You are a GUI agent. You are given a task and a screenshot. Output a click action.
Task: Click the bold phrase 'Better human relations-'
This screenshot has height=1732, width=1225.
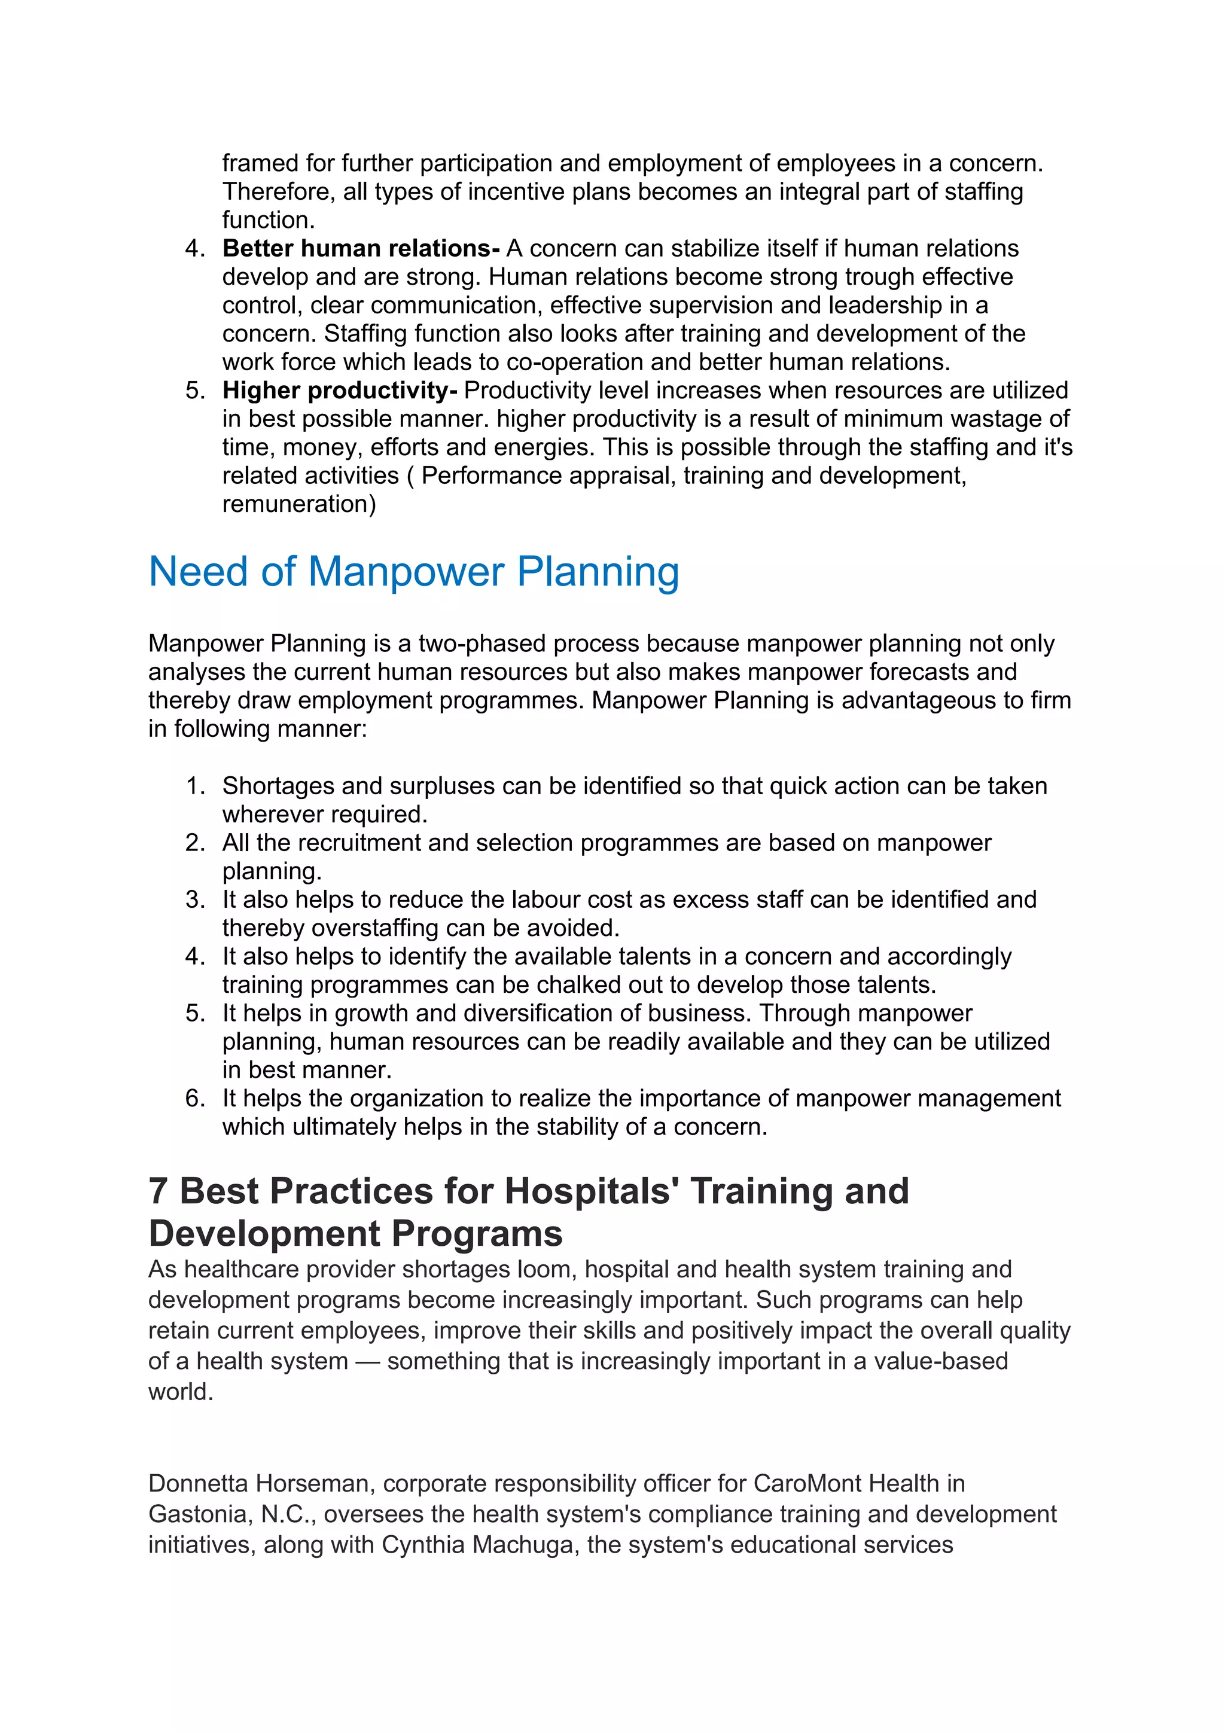pyautogui.click(x=361, y=248)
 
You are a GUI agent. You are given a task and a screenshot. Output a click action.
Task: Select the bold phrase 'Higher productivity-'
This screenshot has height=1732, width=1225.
pyautogui.click(x=339, y=390)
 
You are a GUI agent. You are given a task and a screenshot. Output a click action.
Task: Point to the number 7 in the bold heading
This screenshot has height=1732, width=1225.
pyautogui.click(x=158, y=1192)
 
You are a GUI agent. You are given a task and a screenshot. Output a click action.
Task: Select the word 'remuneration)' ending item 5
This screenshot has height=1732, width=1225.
pyautogui.click(x=298, y=504)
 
